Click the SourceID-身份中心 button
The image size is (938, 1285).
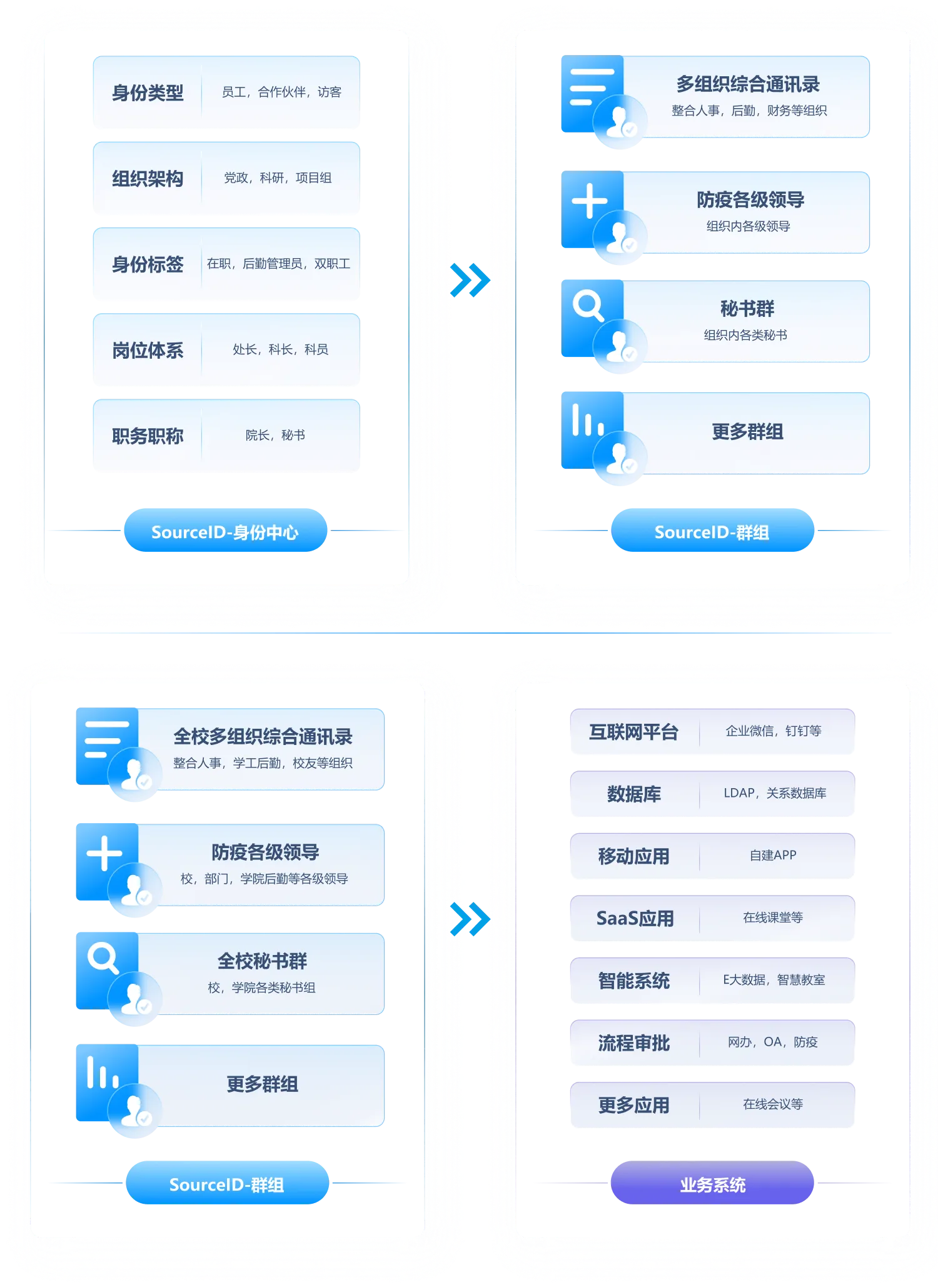pyautogui.click(x=225, y=532)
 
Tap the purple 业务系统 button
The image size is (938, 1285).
pyautogui.click(x=712, y=1184)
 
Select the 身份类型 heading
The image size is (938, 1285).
pyautogui.click(x=148, y=93)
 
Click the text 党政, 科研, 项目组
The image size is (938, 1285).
pyautogui.click(x=278, y=178)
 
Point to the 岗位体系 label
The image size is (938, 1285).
pyautogui.click(x=148, y=351)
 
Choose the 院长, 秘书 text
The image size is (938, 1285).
pyautogui.click(x=275, y=435)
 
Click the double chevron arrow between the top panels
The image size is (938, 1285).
pyautogui.click(x=470, y=279)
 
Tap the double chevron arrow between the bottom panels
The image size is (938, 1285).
pyautogui.click(x=470, y=919)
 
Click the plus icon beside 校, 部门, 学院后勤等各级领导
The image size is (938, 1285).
pyautogui.click(x=104, y=853)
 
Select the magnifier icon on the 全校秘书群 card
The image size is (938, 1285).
pyautogui.click(x=103, y=958)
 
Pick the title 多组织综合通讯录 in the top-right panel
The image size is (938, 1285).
pyautogui.click(x=748, y=84)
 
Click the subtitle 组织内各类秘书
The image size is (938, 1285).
pyautogui.click(x=745, y=335)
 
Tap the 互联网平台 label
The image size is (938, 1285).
pyautogui.click(x=633, y=732)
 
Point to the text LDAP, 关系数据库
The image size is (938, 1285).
pyautogui.click(x=775, y=793)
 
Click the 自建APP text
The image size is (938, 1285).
pyautogui.click(x=773, y=855)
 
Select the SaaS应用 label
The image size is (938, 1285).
pyautogui.click(x=635, y=918)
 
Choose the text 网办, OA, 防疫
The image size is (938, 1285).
pyautogui.click(x=772, y=1042)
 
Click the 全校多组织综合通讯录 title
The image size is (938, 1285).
pyautogui.click(x=263, y=737)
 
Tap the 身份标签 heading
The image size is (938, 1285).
pyautogui.click(x=148, y=264)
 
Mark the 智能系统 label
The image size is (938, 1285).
pyautogui.click(x=633, y=981)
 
